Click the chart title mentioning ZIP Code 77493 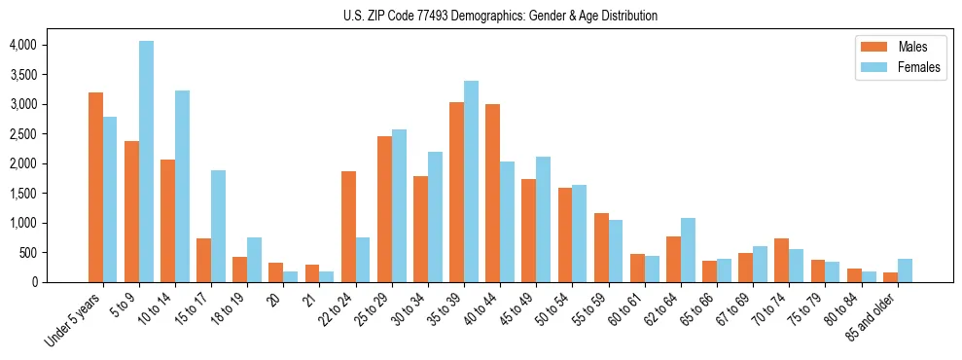tap(500, 16)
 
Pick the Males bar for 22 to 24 tap(348, 227)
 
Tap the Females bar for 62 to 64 tap(688, 250)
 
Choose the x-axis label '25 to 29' tap(375, 309)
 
